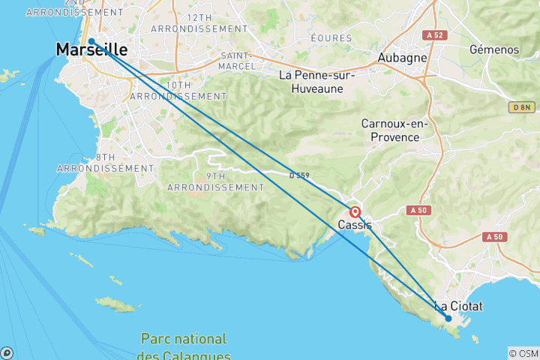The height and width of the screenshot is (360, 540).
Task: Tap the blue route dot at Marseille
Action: (x=91, y=42)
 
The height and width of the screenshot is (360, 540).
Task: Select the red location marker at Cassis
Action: (x=355, y=212)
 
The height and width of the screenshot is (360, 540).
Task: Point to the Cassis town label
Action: (x=355, y=225)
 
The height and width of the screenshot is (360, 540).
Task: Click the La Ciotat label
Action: (x=459, y=306)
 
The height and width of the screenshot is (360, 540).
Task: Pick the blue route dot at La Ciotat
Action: (x=448, y=319)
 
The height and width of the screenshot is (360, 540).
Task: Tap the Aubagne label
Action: (x=403, y=58)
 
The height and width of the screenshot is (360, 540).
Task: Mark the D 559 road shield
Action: (x=298, y=176)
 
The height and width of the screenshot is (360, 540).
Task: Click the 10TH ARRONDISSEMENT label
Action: (x=178, y=91)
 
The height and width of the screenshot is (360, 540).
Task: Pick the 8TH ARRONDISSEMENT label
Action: (x=105, y=163)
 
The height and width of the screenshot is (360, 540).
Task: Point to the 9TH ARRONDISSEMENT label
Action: (x=216, y=181)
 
